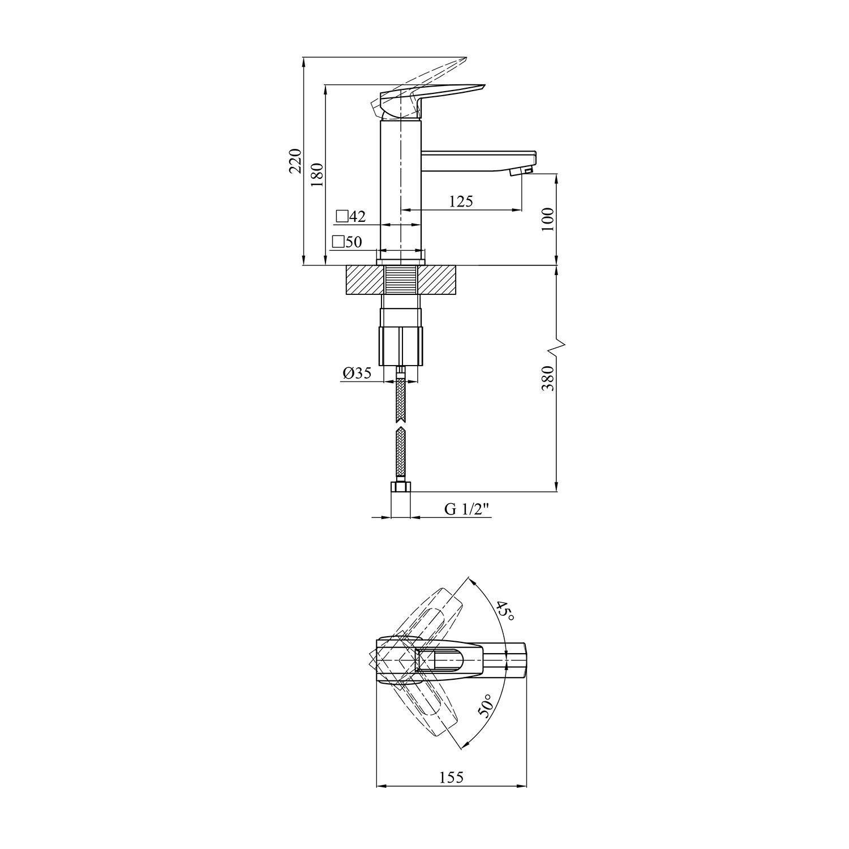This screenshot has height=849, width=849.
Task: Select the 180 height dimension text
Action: pyautogui.click(x=316, y=175)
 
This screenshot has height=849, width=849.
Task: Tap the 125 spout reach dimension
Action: pyautogui.click(x=461, y=201)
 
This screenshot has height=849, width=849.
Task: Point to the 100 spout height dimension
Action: pyautogui.click(x=547, y=220)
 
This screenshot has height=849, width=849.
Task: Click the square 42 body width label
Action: pyautogui.click(x=351, y=216)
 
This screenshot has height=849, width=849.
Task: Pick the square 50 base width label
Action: pyautogui.click(x=347, y=242)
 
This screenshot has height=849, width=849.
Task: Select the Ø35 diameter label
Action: pyautogui.click(x=357, y=373)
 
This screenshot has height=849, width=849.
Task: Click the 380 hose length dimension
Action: pyautogui.click(x=547, y=378)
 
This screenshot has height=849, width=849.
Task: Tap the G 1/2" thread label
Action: pyautogui.click(x=466, y=509)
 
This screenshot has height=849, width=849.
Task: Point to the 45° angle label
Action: pyautogui.click(x=505, y=612)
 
